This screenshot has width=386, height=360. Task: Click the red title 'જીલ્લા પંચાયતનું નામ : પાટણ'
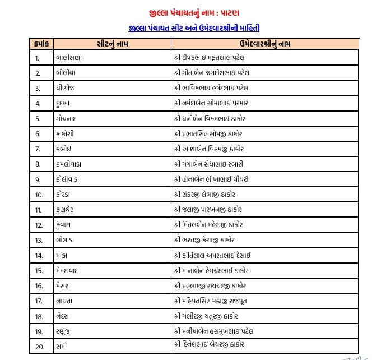[x=193, y=11]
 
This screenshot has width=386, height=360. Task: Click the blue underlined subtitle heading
[x=193, y=27]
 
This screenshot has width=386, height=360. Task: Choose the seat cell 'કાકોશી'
[x=67, y=133]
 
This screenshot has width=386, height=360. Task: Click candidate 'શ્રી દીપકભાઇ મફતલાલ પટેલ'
[x=210, y=58]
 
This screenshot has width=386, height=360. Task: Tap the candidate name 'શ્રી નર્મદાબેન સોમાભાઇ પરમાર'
[x=215, y=103]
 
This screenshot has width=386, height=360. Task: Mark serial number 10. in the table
[x=39, y=195]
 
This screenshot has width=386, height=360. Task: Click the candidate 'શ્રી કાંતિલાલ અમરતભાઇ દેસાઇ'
[x=212, y=255]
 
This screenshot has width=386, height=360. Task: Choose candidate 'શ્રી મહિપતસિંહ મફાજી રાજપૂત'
[x=210, y=301]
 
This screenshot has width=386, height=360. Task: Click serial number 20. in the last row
[x=39, y=346]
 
